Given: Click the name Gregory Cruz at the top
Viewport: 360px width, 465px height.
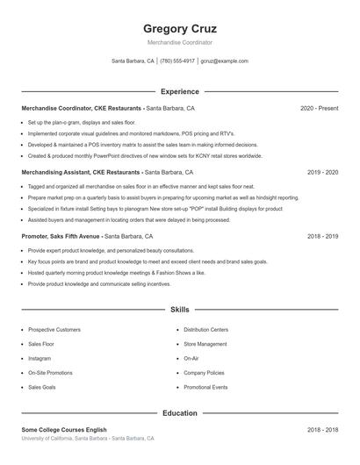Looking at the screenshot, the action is pos(179,28).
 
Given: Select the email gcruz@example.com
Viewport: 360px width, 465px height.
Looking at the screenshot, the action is pos(224,61).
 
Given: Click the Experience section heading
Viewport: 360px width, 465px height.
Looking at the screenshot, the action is pos(179,91).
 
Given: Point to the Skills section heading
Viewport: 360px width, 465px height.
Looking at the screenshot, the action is pos(179,310).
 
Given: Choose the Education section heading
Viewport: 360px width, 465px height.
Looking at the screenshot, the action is pos(179,412).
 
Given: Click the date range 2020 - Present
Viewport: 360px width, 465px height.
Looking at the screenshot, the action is pos(319,108).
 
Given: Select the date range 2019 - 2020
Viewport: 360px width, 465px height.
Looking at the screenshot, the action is pos(322,173).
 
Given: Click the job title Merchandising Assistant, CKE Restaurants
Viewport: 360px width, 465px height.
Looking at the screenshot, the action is pos(81,173).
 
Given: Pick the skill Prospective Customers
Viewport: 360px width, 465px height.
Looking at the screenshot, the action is pos(54,330).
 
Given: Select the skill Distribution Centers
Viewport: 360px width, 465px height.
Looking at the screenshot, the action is pos(205,330).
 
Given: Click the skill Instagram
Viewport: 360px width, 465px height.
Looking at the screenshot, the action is pos(40,359).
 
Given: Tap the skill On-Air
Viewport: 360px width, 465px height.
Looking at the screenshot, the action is pos(191,359).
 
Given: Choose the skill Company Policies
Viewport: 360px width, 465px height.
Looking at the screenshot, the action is pos(204,373).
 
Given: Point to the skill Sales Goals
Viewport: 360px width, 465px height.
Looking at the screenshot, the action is pos(42,387).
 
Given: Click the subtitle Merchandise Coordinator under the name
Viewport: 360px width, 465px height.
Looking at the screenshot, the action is pos(179,42).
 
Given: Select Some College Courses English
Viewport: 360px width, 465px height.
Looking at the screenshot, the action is pos(64,430).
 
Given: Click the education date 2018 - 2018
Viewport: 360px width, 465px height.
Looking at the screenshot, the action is pos(322,430).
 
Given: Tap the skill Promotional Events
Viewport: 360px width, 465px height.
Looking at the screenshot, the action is pos(205,387).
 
